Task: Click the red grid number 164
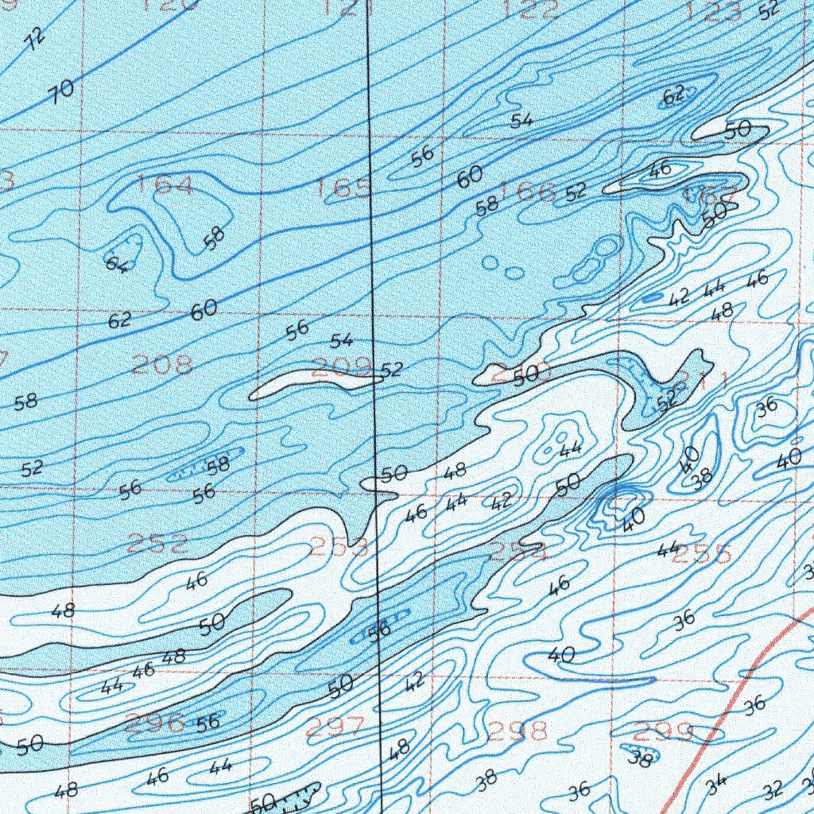click(164, 185)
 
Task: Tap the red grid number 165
click(343, 188)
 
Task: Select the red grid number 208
click(162, 365)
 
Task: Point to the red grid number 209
click(342, 366)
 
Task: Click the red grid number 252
click(158, 545)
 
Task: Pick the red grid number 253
click(339, 546)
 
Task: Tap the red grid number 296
click(154, 723)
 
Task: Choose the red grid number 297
click(335, 726)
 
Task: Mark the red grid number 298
click(517, 729)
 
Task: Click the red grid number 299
click(664, 730)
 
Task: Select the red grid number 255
click(700, 554)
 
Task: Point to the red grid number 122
click(532, 10)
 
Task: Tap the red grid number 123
click(712, 11)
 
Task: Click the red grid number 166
click(529, 191)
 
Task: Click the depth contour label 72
click(34, 38)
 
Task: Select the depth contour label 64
click(118, 263)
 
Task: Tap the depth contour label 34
click(716, 784)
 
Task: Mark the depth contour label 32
click(772, 790)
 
